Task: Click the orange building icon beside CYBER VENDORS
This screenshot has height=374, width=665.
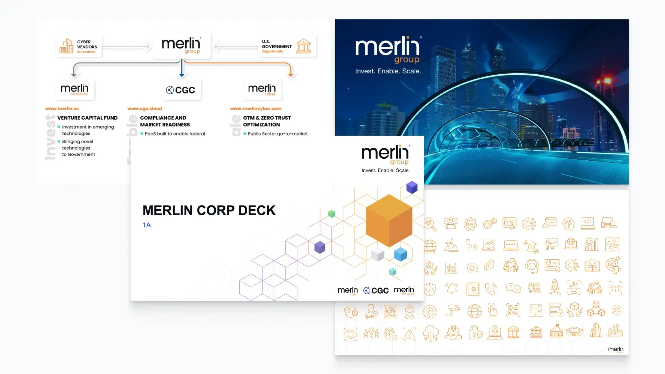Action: click(x=66, y=46)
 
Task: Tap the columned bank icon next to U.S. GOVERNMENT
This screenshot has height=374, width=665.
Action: click(x=304, y=46)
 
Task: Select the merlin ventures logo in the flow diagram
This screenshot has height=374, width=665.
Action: click(x=75, y=89)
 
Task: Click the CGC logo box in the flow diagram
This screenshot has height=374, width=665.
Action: click(x=181, y=90)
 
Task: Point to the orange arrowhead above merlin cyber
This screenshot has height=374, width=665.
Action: click(x=291, y=75)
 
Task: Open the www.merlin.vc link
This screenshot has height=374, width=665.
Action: click(x=62, y=109)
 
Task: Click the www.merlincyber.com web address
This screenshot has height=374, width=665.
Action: click(x=256, y=109)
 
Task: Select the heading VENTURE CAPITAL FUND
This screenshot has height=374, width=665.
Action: click(x=87, y=118)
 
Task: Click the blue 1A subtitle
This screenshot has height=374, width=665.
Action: click(x=147, y=225)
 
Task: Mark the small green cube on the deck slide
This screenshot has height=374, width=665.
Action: click(x=332, y=214)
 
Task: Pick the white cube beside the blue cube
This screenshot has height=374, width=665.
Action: click(x=378, y=254)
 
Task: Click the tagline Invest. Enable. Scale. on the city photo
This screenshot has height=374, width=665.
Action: click(x=388, y=71)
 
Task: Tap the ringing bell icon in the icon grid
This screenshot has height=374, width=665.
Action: click(x=451, y=288)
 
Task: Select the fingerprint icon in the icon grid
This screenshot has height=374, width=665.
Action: click(x=390, y=334)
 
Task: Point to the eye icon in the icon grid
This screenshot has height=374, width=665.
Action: click(x=350, y=334)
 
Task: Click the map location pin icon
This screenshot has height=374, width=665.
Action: click(x=409, y=312)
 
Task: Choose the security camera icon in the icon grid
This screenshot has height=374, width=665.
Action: click(x=452, y=310)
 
